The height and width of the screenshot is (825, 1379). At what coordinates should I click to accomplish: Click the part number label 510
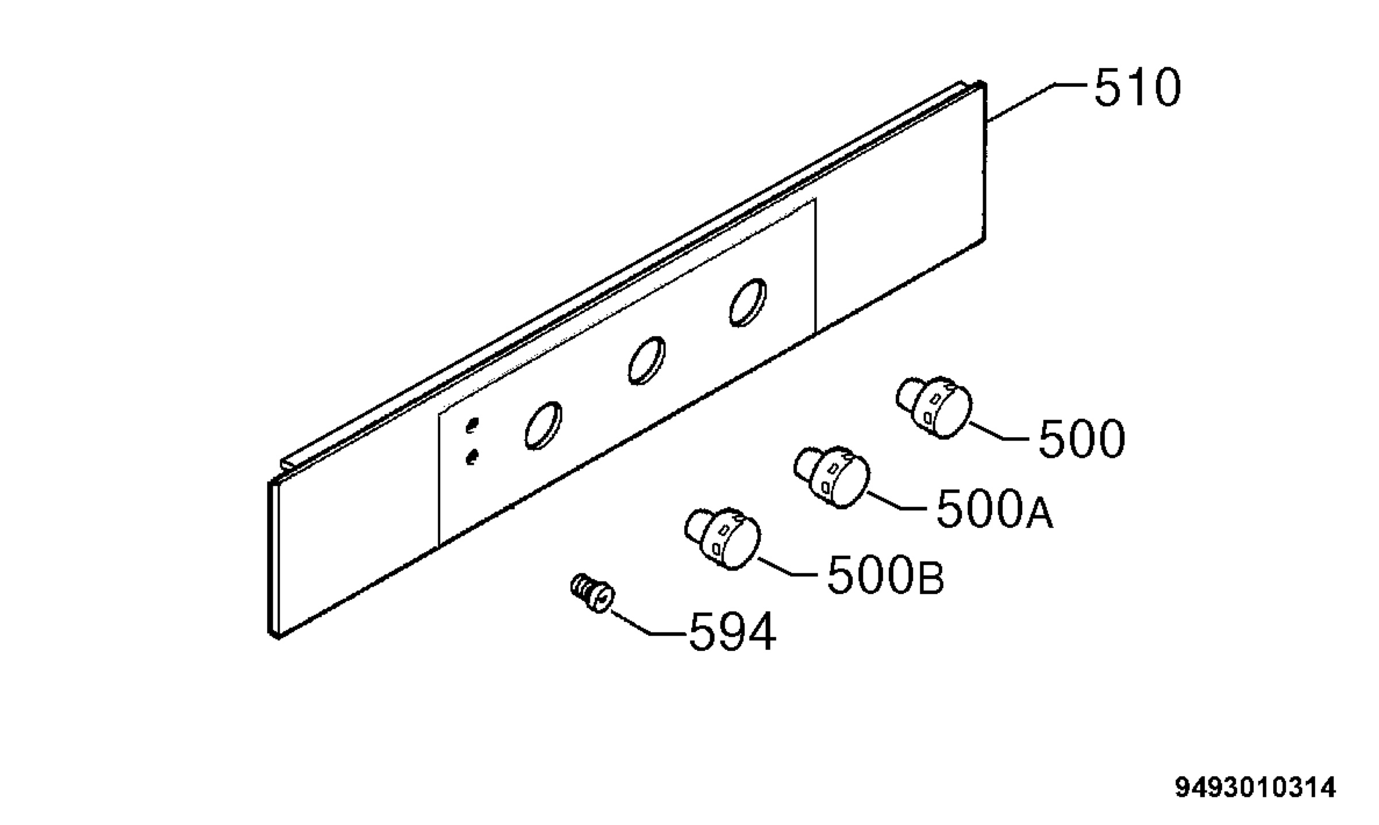pyautogui.click(x=1138, y=87)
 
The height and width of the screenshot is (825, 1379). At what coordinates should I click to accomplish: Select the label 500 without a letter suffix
pyautogui.click(x=1082, y=438)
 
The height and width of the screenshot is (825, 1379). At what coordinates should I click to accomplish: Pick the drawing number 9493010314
pyautogui.click(x=1255, y=787)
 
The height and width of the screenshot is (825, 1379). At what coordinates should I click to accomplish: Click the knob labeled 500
pyautogui.click(x=934, y=407)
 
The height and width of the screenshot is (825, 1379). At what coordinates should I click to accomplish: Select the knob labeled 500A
pyautogui.click(x=831, y=476)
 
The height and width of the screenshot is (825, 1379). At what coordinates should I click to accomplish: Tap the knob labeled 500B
pyautogui.click(x=722, y=538)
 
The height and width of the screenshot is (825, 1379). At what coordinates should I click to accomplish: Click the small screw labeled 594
pyautogui.click(x=592, y=593)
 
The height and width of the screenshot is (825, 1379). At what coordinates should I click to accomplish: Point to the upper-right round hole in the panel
pyautogui.click(x=748, y=302)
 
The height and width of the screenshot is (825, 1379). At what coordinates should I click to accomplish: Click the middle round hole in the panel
pyautogui.click(x=646, y=360)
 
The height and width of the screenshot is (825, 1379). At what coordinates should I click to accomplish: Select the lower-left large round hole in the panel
pyautogui.click(x=543, y=425)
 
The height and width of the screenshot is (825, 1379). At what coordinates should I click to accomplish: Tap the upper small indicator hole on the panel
pyautogui.click(x=472, y=426)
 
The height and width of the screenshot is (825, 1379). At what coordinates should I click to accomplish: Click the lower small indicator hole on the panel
pyautogui.click(x=472, y=457)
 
